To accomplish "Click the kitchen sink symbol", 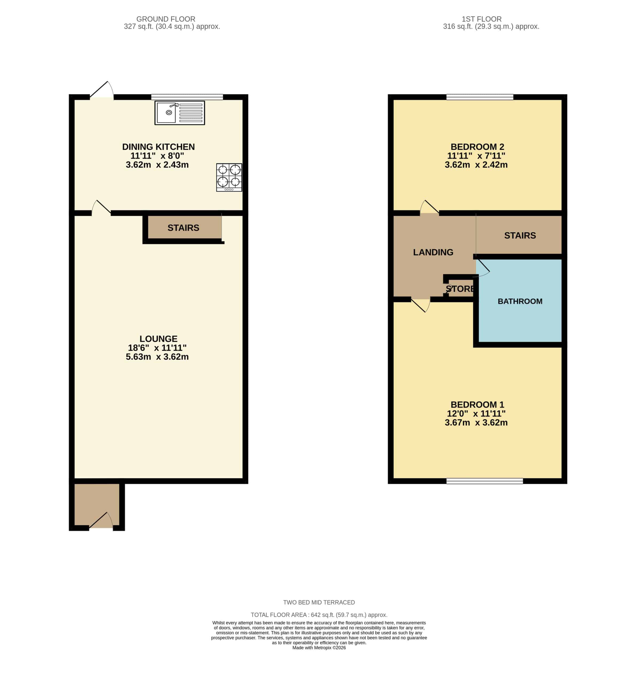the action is click(x=180, y=113).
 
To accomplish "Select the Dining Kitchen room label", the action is click(x=158, y=147).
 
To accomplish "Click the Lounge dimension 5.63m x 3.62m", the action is click(x=157, y=357).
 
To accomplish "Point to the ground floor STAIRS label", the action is click(x=183, y=228).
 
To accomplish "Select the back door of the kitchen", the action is click(x=102, y=90).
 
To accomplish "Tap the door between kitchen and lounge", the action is click(x=101, y=208).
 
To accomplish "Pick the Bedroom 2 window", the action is click(x=479, y=97).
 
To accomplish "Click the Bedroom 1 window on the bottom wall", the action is click(x=484, y=481).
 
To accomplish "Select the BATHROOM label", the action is click(x=520, y=301).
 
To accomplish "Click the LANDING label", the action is click(x=433, y=252).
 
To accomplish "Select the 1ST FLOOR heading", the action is click(x=482, y=19).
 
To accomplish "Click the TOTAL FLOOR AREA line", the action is click(x=319, y=615).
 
